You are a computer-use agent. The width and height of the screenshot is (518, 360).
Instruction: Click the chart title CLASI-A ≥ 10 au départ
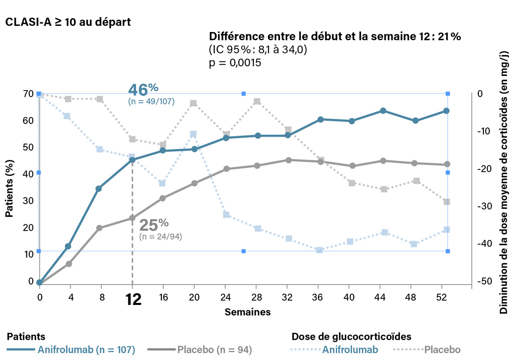pyautogui.click(x=68, y=22)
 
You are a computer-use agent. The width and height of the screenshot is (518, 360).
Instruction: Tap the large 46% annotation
pyautogui.click(x=143, y=89)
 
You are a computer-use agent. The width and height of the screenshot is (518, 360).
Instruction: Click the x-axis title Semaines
pyautogui.click(x=248, y=312)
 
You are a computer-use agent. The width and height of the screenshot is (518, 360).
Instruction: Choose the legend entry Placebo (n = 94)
pyautogui.click(x=214, y=349)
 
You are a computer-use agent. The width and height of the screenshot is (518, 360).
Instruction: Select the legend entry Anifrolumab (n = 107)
pyautogui.click(x=86, y=349)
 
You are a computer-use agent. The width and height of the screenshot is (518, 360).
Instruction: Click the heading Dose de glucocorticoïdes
pyautogui.click(x=351, y=337)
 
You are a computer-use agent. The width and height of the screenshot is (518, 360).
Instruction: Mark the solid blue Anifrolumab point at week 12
pyautogui.click(x=132, y=160)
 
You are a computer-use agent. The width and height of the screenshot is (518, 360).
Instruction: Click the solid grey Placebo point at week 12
pyautogui.click(x=132, y=218)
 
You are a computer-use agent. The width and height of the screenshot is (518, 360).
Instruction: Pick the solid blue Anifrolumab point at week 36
pyautogui.click(x=320, y=119)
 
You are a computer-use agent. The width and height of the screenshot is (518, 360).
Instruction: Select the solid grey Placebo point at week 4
pyautogui.click(x=69, y=264)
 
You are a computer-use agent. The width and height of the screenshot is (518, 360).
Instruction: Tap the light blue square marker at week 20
pyautogui.click(x=193, y=134)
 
